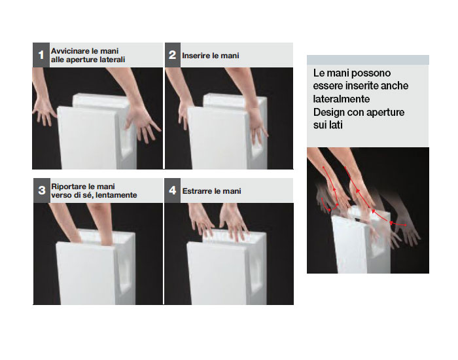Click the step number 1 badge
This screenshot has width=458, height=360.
[x=41, y=55]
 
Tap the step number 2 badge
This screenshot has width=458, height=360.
[x=173, y=55]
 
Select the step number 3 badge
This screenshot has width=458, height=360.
[x=42, y=190]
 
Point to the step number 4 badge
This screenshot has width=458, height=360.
[x=173, y=190]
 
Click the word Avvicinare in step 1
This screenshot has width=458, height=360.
[x=70, y=51]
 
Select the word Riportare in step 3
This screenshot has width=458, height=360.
[x=69, y=187]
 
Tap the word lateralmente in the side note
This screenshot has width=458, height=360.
[x=341, y=99]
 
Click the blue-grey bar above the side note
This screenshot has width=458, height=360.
[x=368, y=60]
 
